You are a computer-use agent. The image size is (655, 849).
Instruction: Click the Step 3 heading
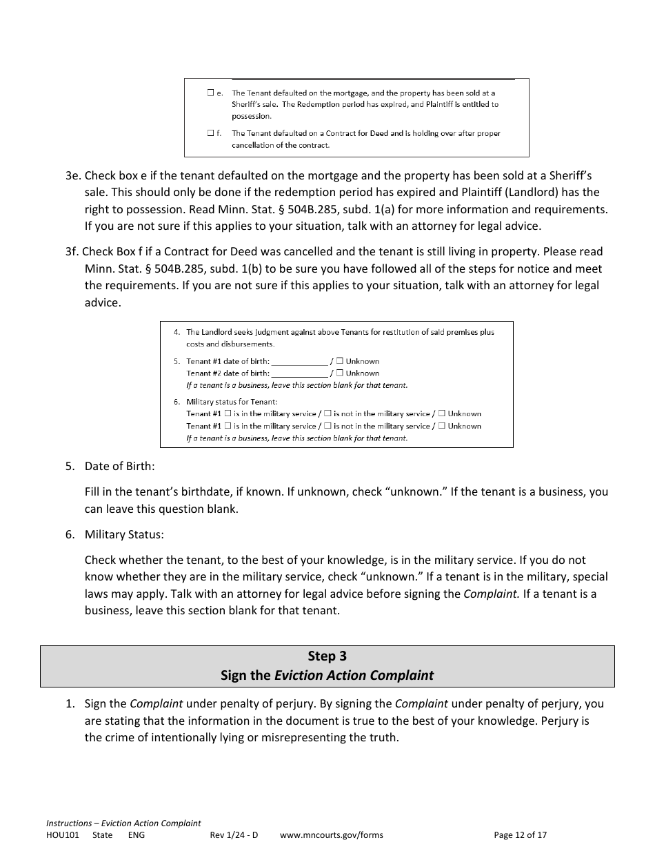point(327,656)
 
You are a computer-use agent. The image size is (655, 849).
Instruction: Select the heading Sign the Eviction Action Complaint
point(327,675)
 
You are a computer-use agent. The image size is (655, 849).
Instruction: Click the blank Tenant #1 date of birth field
point(300,361)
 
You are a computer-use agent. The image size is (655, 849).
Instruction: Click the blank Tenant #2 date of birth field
point(300,373)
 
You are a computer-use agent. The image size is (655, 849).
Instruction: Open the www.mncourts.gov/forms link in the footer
point(332,835)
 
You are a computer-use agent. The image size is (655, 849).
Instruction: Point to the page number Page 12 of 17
point(520,835)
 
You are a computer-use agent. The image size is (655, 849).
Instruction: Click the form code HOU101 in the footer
point(63,835)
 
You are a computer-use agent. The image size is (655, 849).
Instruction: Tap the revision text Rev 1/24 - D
point(234,835)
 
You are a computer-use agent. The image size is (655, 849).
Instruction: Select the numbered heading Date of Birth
point(119,466)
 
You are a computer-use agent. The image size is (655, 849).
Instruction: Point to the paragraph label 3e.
point(73,176)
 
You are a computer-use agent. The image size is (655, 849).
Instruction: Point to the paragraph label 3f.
point(73,252)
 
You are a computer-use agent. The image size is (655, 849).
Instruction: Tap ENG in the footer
point(137,835)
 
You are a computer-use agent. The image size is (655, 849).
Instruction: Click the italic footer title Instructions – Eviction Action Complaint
point(123,823)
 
